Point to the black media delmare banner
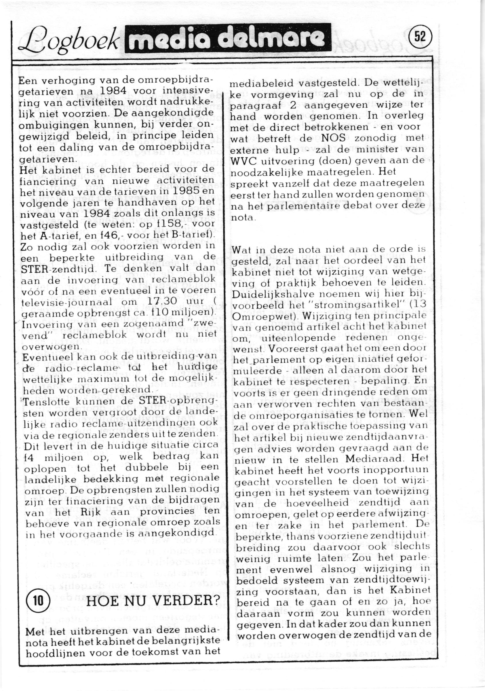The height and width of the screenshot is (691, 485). pos(227,39)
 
